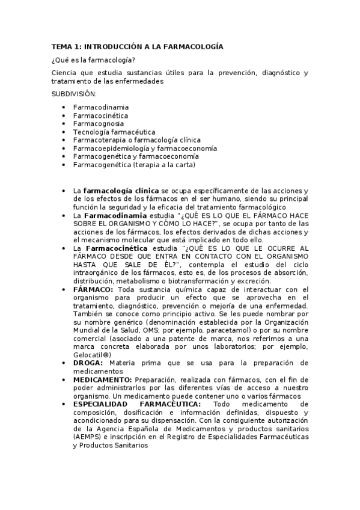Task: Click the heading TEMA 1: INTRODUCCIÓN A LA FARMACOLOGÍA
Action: (137, 46)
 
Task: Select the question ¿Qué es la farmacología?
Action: (93, 59)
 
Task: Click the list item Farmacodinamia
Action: (100, 107)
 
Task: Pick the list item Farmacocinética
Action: (100, 115)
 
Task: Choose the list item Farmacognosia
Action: (99, 123)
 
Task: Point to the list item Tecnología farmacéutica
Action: (114, 132)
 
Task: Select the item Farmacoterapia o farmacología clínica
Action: (136, 140)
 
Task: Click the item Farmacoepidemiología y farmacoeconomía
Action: (145, 148)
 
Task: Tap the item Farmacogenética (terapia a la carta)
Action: (134, 164)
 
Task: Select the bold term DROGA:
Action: (88, 363)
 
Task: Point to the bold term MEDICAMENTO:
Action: (103, 379)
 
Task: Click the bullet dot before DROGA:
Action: (64, 363)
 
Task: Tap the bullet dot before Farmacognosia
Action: (64, 123)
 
